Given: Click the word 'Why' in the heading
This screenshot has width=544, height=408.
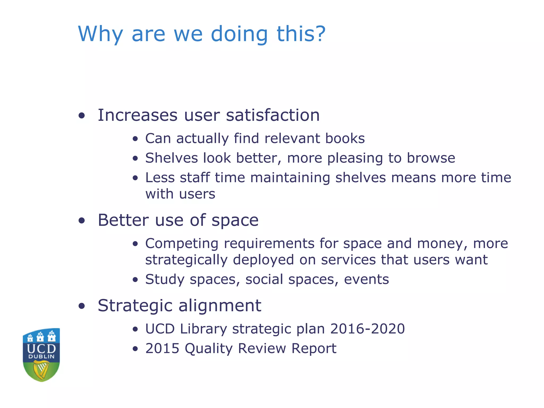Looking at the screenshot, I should click(100, 34).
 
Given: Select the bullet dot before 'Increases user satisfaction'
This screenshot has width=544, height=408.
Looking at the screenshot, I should click(82, 116).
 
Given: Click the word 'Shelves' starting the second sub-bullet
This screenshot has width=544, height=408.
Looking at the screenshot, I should click(172, 158).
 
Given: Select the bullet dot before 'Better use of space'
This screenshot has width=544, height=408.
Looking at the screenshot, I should click(82, 220).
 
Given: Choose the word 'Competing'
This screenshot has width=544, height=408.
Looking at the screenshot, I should click(182, 244).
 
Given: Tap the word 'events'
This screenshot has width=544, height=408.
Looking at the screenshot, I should click(366, 279).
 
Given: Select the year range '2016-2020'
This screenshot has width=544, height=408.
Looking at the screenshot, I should click(367, 329).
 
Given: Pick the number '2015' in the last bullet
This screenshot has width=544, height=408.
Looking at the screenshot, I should click(162, 348).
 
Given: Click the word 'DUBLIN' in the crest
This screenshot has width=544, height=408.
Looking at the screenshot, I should click(41, 356).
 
